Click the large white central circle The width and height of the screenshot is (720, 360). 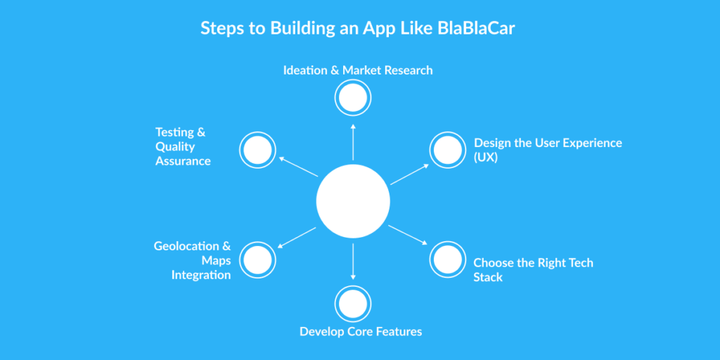tap(353, 201)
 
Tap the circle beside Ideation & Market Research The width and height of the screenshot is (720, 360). tap(353, 98)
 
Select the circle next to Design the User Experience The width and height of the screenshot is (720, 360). tap(448, 150)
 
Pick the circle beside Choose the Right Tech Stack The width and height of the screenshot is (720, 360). tap(448, 260)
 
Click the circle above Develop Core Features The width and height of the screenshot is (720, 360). tap(353, 303)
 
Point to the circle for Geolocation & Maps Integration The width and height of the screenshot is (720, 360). tap(257, 260)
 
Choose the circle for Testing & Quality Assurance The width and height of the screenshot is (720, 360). tap(257, 150)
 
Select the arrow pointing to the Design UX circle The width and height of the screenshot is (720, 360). tap(410, 174)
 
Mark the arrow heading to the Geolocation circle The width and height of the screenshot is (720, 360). tap(296, 238)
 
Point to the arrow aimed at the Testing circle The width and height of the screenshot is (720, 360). tap(296, 167)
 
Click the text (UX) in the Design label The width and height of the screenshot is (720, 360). tap(486, 157)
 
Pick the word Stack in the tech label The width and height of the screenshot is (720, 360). tap(488, 277)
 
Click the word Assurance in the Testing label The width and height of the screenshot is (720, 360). tap(183, 161)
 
